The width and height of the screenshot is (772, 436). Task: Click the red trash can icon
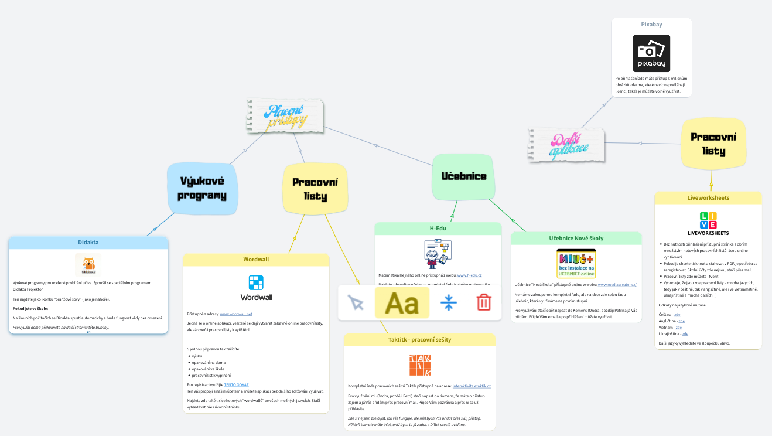pyautogui.click(x=483, y=302)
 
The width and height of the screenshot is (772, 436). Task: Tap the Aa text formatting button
pyautogui.click(x=402, y=303)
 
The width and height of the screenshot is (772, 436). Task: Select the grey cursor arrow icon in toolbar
pyautogui.click(x=356, y=302)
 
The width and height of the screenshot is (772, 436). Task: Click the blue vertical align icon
pyautogui.click(x=449, y=302)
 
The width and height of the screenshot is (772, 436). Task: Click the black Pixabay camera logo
pyautogui.click(x=651, y=53)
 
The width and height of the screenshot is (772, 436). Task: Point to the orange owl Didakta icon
pyautogui.click(x=88, y=265)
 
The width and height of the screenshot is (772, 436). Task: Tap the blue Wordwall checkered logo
pyautogui.click(x=256, y=282)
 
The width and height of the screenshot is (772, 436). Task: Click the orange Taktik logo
pyautogui.click(x=419, y=365)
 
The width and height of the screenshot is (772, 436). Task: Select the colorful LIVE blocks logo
pyautogui.click(x=708, y=220)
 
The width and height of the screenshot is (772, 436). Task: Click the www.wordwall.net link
pyautogui.click(x=235, y=314)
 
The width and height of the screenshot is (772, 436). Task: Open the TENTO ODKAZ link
pyautogui.click(x=237, y=384)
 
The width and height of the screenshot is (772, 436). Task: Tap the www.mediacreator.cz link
pyautogui.click(x=617, y=285)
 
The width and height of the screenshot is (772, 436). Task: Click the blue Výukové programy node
pyautogui.click(x=203, y=188)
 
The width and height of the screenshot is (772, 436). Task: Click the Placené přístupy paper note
pyautogui.click(x=285, y=115)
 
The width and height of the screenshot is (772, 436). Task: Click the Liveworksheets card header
pyautogui.click(x=708, y=198)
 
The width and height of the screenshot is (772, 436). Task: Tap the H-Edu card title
pyautogui.click(x=438, y=228)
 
